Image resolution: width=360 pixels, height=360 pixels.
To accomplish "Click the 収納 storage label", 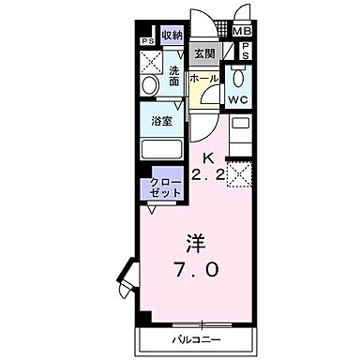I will point(171,36).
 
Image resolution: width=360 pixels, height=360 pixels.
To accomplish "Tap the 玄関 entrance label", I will point(204,54).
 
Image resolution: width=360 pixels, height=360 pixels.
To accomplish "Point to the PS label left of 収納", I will point(147,42).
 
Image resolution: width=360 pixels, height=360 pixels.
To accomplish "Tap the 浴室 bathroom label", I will point(160,120).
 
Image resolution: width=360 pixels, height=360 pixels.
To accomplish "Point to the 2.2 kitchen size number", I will point(209,174).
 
